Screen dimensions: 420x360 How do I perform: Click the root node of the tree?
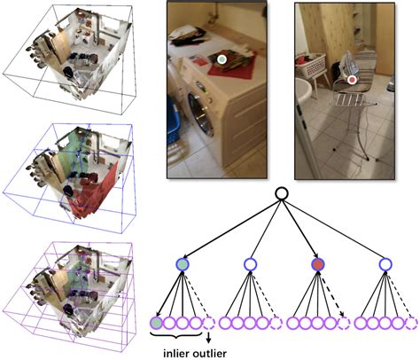pyautogui.click(x=281, y=193)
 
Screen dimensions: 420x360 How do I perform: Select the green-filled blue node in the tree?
pyautogui.click(x=183, y=264)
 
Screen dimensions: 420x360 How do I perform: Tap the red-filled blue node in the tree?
pyautogui.click(x=318, y=264)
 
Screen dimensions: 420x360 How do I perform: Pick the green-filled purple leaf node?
pyautogui.click(x=157, y=323)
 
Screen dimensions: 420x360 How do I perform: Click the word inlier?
pyautogui.click(x=176, y=354)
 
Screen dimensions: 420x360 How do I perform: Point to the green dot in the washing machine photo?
pyautogui.click(x=222, y=59)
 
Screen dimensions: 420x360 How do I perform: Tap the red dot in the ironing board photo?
pyautogui.click(x=352, y=80)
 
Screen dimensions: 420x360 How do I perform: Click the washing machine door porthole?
pyautogui.click(x=200, y=115)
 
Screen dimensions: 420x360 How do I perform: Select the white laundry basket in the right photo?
pyautogui.click(x=311, y=65)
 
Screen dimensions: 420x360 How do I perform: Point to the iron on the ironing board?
pyautogui.click(x=348, y=66)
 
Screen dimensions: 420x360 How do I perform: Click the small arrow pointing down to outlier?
pyautogui.click(x=209, y=338)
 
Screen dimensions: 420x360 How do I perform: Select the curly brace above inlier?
pyautogui.click(x=176, y=335)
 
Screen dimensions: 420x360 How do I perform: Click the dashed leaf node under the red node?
pyautogui.click(x=344, y=323)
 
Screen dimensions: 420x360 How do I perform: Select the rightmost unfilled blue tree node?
pyautogui.click(x=385, y=264)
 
